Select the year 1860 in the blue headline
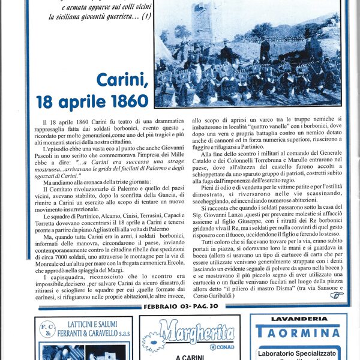(x=123, y=98)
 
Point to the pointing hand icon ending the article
(x=337, y=295)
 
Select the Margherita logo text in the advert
(x=188, y=329)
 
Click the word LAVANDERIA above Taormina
(x=298, y=319)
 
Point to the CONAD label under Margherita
(x=221, y=346)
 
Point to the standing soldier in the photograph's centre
(x=264, y=49)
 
